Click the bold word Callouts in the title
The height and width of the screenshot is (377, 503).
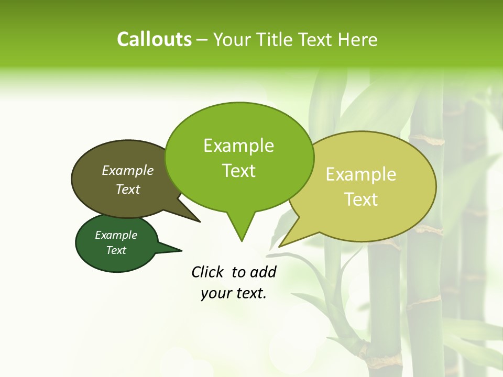pyautogui.click(x=154, y=39)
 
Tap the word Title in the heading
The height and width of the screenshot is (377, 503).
pyautogui.click(x=278, y=39)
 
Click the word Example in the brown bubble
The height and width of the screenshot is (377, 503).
pyautogui.click(x=128, y=171)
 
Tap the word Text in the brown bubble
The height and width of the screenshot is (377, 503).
pyautogui.click(x=128, y=189)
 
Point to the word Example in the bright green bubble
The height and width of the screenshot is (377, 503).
pyautogui.click(x=238, y=146)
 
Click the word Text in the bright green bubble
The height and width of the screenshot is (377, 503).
pyautogui.click(x=238, y=171)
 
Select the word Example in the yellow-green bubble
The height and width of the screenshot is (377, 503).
pyautogui.click(x=361, y=174)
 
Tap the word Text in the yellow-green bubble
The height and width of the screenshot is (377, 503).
pyautogui.click(x=361, y=199)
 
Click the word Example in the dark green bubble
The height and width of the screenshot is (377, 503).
pyautogui.click(x=116, y=235)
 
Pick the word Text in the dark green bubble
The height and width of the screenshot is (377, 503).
pyautogui.click(x=116, y=250)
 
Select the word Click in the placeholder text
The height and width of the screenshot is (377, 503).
pyautogui.click(x=208, y=272)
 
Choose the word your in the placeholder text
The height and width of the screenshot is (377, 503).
pyautogui.click(x=215, y=293)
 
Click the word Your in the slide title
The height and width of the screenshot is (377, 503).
pyautogui.click(x=233, y=39)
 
